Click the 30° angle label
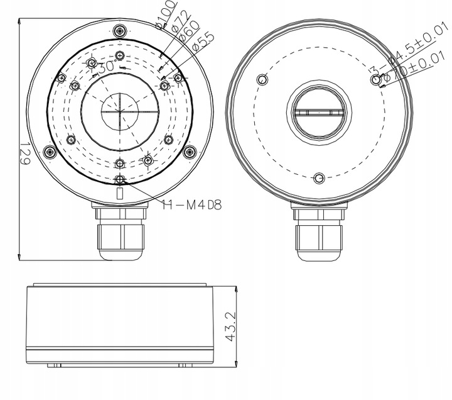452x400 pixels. coord(105,65)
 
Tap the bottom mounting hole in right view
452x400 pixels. coord(319,179)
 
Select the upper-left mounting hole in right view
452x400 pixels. coord(262,79)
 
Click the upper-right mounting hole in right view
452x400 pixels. coord(377,79)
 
